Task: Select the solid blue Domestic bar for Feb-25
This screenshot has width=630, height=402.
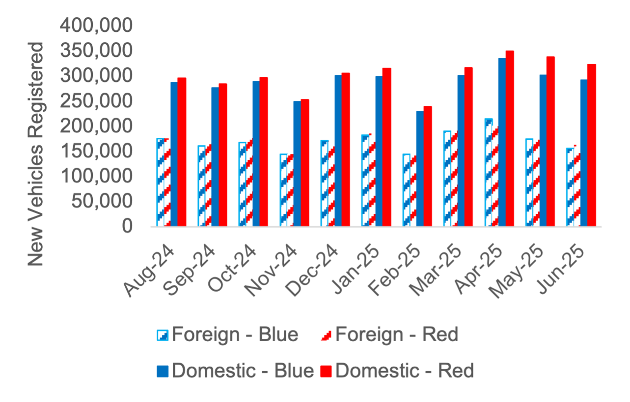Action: [420, 169]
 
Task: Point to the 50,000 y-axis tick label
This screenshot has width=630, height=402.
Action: [102, 201]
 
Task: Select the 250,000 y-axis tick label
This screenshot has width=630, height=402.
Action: [96, 101]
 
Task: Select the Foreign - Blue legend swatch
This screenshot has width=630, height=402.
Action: [163, 335]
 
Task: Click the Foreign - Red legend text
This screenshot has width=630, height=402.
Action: [396, 334]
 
